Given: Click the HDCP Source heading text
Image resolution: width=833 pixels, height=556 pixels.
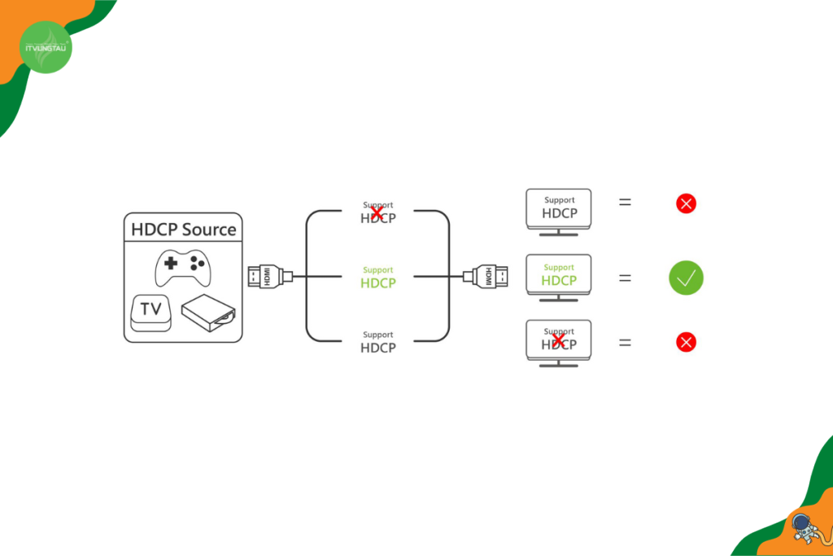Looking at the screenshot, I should pos(184,229).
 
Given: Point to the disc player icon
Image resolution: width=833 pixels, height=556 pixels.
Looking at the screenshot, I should pos(208,313).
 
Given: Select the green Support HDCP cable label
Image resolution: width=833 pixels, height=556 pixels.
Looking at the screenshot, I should pos(378,278).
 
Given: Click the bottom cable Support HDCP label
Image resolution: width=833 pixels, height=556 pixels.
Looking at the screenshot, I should pos(378,342).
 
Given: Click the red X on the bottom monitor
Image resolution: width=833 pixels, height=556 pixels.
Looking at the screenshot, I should pos(558,340).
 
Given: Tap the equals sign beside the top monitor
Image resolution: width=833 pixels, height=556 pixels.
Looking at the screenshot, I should pos(625,202).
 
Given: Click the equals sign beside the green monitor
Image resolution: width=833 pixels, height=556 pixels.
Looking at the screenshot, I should pos(625,278).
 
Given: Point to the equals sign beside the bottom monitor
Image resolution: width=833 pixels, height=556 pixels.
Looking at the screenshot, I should pos(625,343).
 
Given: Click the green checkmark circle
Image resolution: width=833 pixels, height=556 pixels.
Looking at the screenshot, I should pos(686,278).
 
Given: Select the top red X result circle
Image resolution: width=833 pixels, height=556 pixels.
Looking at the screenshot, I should pos(686,204).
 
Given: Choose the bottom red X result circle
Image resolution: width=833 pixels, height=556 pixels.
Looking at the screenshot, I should pos(686,342).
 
